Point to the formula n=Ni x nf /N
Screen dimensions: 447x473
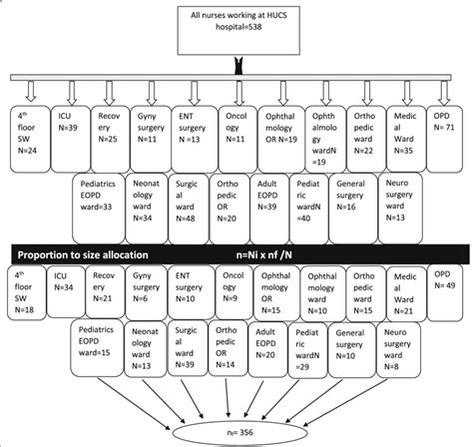[x=311, y=251]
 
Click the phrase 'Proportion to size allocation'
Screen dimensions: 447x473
[x=95, y=251]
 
